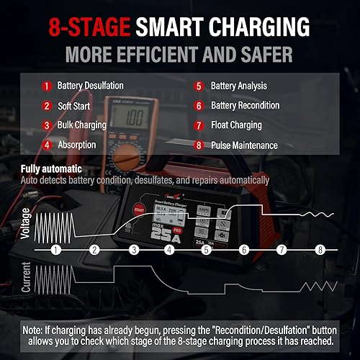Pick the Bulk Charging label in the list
[x=82, y=125]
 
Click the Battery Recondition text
[x=246, y=105]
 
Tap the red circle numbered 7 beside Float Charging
[x=198, y=125]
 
